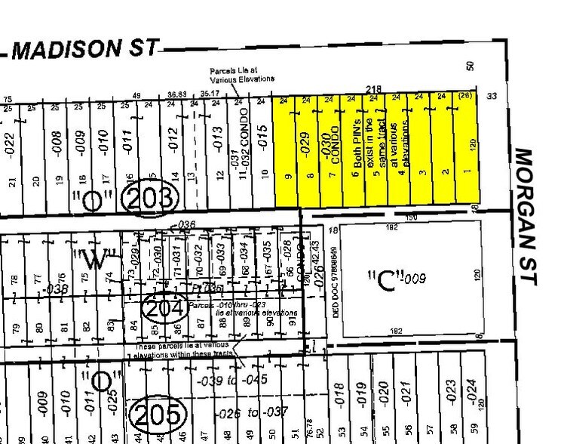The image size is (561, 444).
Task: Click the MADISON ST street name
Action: (x=87, y=49)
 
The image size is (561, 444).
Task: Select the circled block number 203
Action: (x=151, y=199)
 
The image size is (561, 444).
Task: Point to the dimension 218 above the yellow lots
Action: (x=372, y=89)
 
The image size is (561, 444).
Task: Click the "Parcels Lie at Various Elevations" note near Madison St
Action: (x=242, y=74)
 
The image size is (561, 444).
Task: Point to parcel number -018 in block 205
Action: (x=339, y=393)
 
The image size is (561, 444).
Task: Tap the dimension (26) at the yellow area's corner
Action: (x=465, y=97)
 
